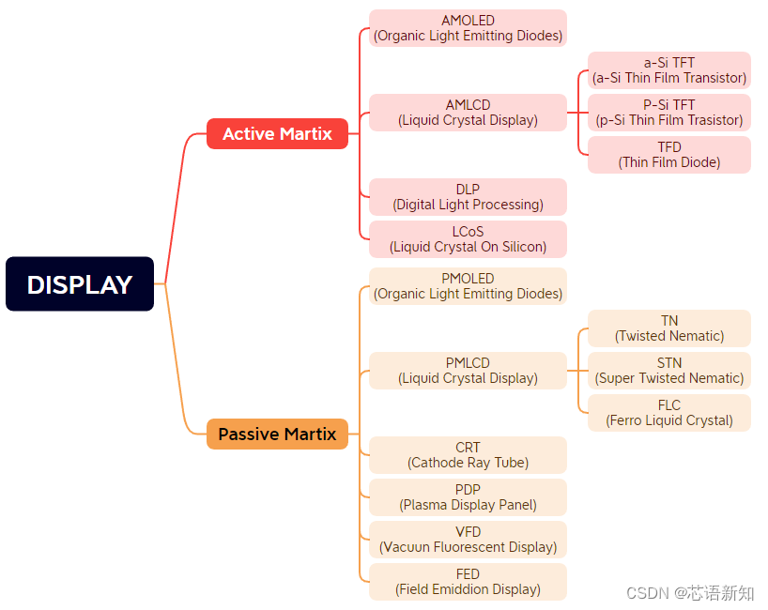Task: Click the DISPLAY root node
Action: [x=80, y=284]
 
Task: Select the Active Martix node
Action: [x=277, y=134]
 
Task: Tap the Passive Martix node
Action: [x=277, y=435]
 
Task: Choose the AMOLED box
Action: [x=468, y=28]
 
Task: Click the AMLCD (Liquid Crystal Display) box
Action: [x=468, y=113]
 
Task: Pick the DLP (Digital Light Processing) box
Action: [x=468, y=197]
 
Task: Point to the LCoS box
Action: [x=468, y=239]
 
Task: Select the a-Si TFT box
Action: [x=669, y=70]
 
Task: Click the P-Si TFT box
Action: [x=669, y=113]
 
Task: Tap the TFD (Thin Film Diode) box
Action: [x=669, y=155]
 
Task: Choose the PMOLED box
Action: [x=468, y=286]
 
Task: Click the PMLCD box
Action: [x=468, y=371]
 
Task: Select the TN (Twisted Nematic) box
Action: [x=669, y=328]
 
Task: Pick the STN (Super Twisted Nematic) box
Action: [x=669, y=371]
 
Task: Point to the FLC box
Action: [x=669, y=413]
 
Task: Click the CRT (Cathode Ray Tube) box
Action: [x=468, y=455]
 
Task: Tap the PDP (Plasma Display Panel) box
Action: [x=468, y=497]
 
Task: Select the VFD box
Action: [x=468, y=540]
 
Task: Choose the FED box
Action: [x=468, y=582]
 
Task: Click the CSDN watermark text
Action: [x=689, y=593]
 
